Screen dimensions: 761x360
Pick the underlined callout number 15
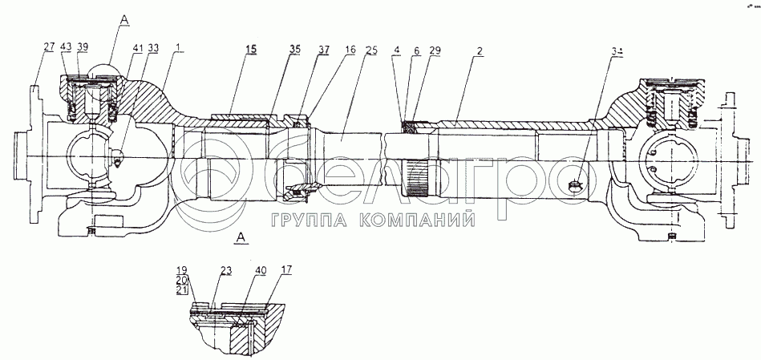tap(252, 50)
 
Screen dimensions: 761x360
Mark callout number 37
tap(323, 50)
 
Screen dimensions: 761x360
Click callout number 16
tap(350, 50)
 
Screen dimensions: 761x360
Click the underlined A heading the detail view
tap(241, 238)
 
